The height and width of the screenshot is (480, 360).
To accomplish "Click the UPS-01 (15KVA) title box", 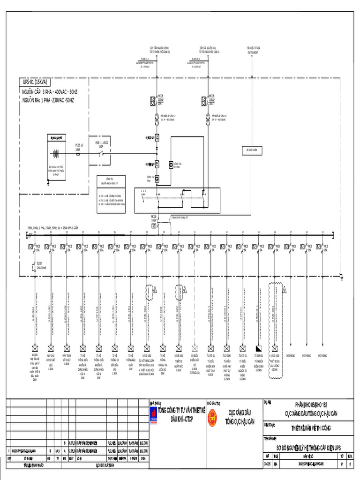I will tap(35, 82).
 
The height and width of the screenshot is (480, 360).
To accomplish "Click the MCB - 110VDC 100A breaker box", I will tap(100, 153).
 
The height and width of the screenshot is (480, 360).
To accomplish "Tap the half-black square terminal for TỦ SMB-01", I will tap(258, 349).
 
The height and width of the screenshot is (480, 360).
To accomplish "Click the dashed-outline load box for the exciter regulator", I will tap(194, 349).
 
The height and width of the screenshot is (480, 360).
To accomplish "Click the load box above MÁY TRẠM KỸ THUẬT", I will tap(66, 349).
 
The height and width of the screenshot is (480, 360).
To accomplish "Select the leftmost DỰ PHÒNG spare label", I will tap(291, 356).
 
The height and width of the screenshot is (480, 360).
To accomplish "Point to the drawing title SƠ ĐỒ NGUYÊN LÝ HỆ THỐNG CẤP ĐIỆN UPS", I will tap(309, 446).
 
